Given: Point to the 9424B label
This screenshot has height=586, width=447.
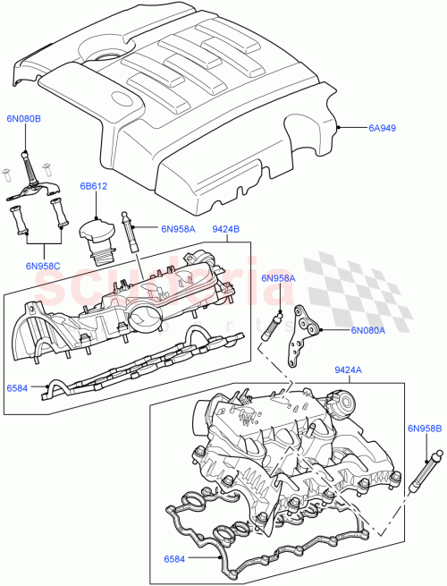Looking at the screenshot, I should [x=225, y=229].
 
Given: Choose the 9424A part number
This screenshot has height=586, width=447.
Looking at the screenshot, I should [x=349, y=369].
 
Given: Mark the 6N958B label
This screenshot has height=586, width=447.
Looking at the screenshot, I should [x=425, y=429].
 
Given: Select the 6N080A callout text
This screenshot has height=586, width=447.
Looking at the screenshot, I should [x=367, y=330].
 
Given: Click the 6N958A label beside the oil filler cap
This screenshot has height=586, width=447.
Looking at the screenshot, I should [x=179, y=229].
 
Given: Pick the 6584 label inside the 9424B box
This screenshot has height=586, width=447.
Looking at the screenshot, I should [x=17, y=388].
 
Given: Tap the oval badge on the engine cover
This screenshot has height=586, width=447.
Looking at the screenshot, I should [x=122, y=100].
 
